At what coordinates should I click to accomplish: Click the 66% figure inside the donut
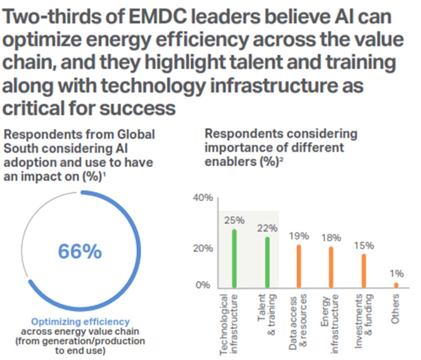tap(80, 251)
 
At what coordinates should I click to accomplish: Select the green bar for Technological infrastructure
tap(234, 259)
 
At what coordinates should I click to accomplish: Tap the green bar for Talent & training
tap(267, 262)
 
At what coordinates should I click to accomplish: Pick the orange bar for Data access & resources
tap(299, 266)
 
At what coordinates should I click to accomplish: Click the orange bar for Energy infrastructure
tap(331, 267)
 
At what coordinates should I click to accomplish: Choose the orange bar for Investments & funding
tap(364, 271)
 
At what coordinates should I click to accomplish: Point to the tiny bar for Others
tap(396, 285)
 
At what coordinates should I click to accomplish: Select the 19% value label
tap(299, 236)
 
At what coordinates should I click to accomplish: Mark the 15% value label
tap(364, 246)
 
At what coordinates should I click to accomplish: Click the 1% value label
tap(396, 274)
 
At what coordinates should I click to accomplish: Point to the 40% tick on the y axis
tap(203, 198)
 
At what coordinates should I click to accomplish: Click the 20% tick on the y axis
tap(203, 248)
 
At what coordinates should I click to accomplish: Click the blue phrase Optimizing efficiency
tap(81, 322)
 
